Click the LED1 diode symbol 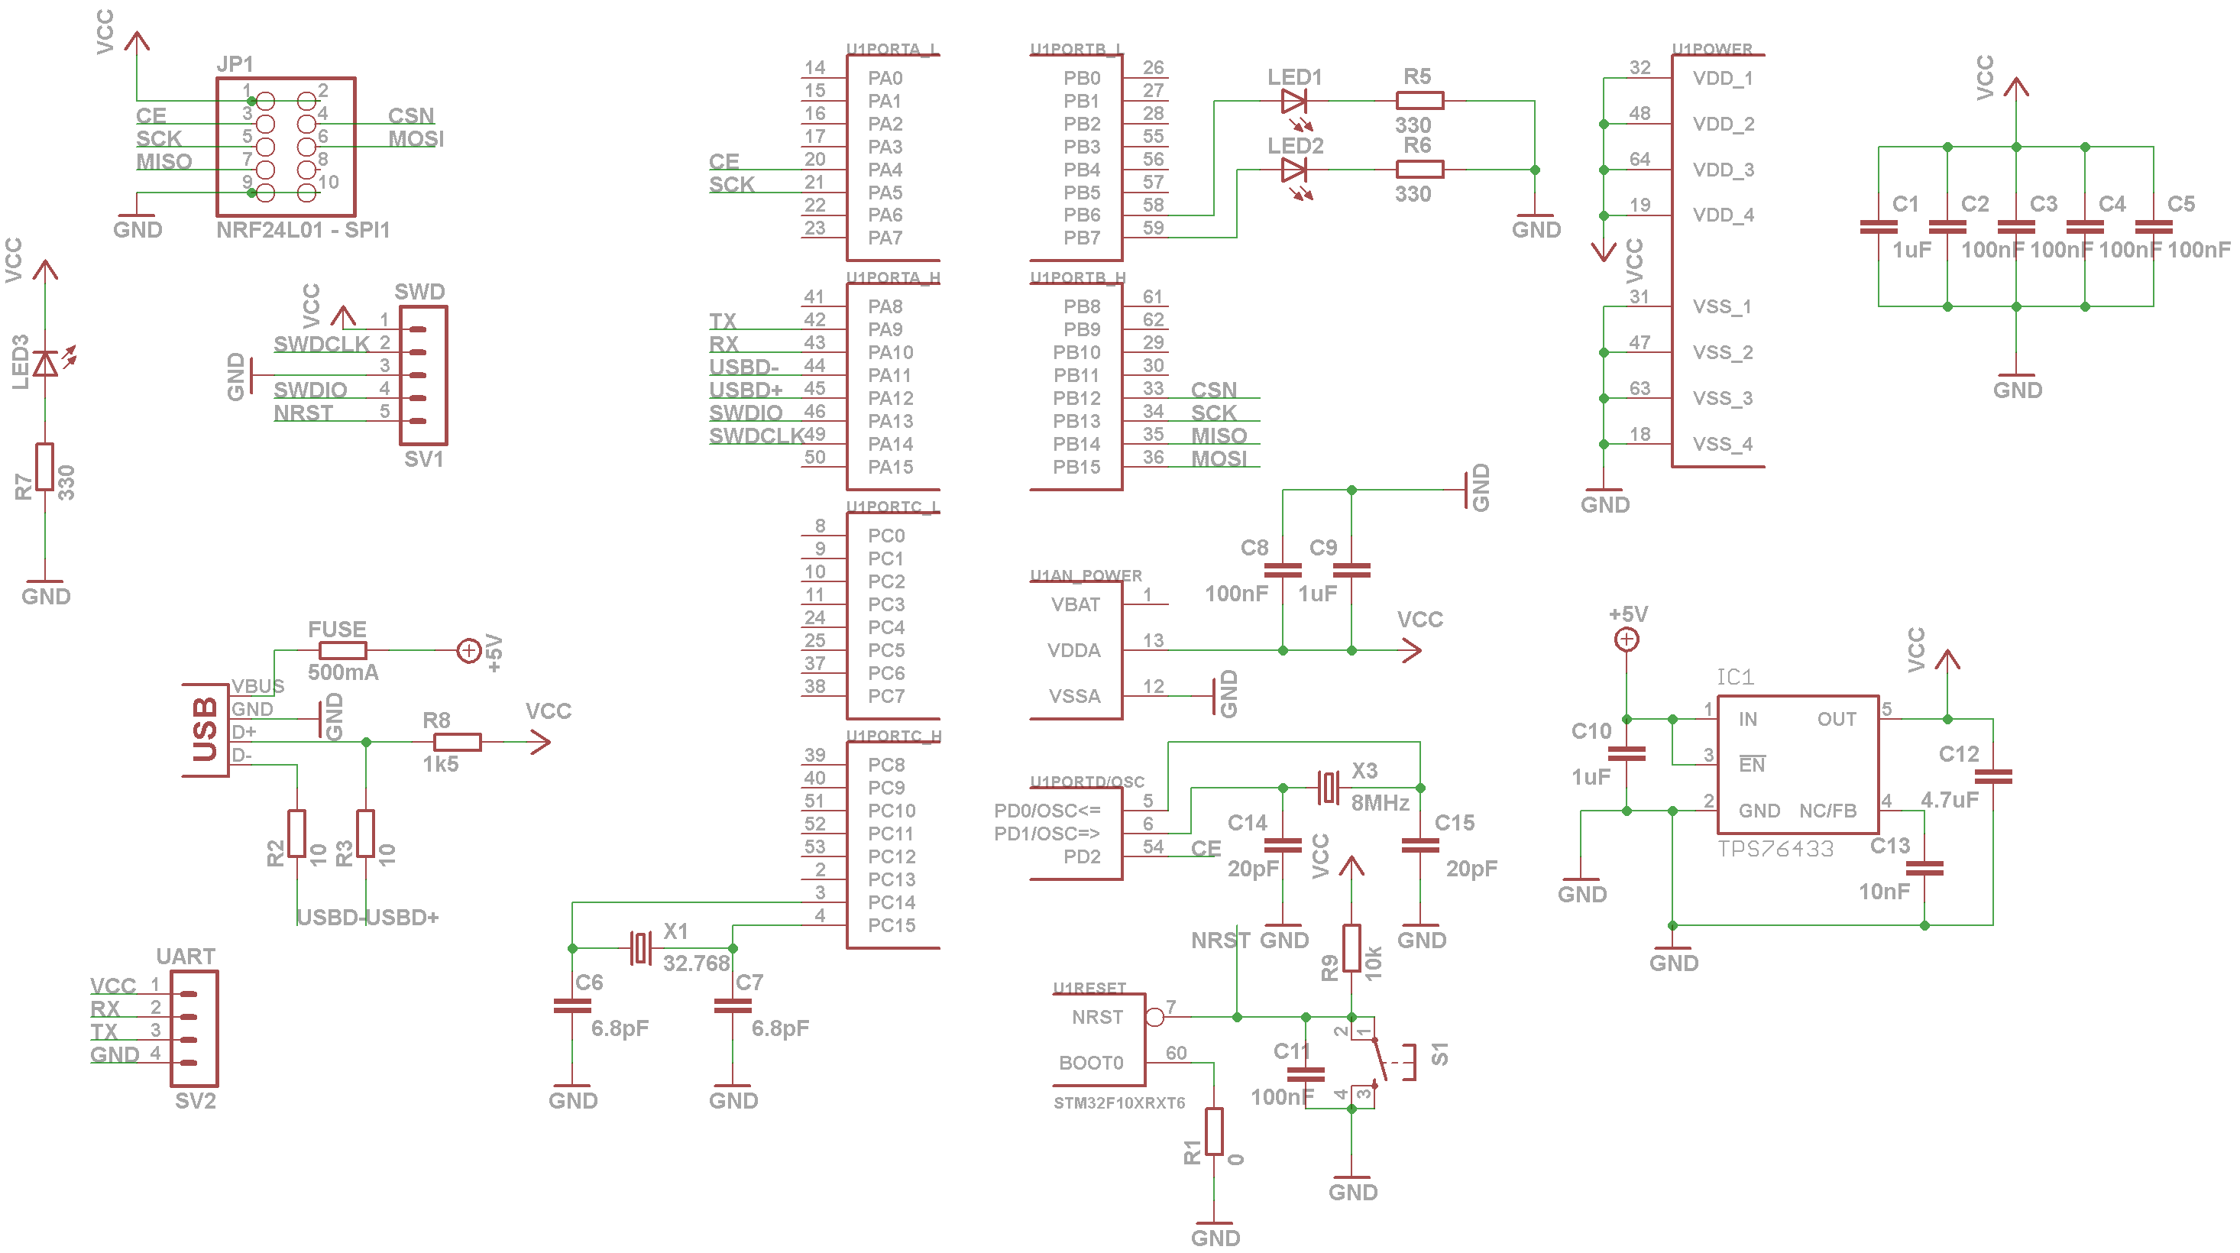point(1294,101)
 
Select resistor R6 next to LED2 point(1419,170)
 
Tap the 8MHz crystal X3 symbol point(1328,788)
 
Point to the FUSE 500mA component point(342,650)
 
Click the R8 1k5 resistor point(458,742)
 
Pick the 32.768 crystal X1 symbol point(642,948)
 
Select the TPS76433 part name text point(1775,849)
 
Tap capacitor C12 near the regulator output point(1993,776)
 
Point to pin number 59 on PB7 point(1153,228)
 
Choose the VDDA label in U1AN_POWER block point(1074,650)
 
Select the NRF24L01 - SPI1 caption point(303,231)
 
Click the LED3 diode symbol point(45,364)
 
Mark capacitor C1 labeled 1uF point(1879,228)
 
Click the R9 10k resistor point(1351,948)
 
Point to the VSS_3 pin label point(1722,398)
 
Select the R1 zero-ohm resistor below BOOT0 point(1214,1132)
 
